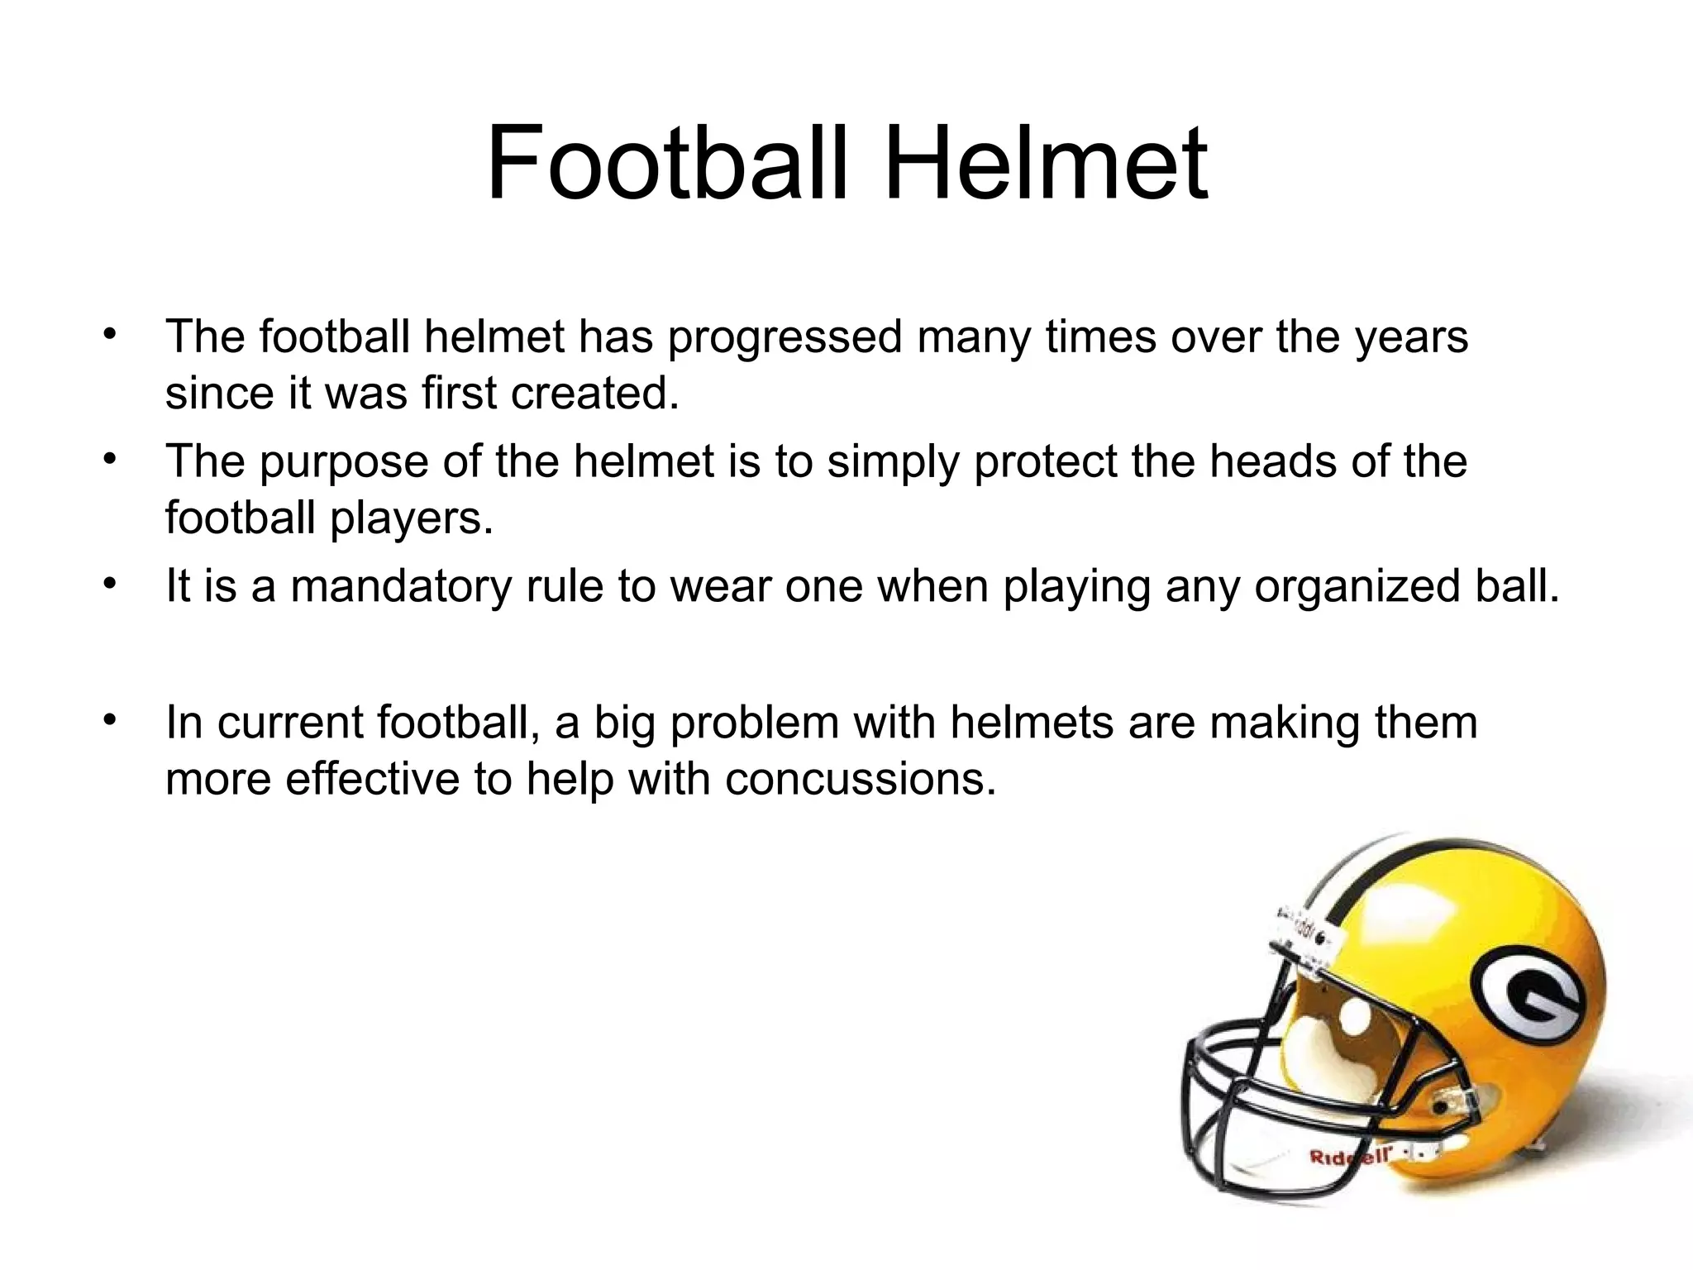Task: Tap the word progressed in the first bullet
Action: (785, 337)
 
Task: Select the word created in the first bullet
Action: (594, 394)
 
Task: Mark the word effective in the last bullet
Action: (373, 779)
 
